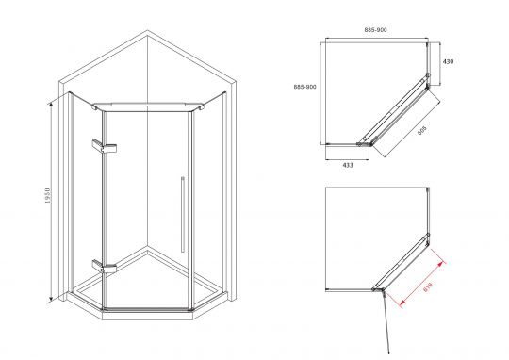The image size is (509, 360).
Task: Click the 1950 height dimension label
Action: [48, 195]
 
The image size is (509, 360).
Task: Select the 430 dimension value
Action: [448, 61]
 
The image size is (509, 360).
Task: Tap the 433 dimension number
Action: [348, 165]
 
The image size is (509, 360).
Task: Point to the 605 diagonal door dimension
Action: [421, 130]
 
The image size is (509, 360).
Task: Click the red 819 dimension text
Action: [428, 286]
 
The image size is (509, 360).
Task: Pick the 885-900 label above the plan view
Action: [375, 30]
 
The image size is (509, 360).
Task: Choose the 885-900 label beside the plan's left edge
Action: [304, 87]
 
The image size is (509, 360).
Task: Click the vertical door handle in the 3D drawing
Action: [183, 214]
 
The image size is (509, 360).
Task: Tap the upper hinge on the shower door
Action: [105, 146]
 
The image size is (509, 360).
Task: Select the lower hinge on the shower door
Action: [105, 266]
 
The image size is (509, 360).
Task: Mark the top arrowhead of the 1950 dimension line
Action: [50, 105]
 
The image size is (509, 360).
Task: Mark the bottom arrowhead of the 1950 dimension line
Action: [51, 300]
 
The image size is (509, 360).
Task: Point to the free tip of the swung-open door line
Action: [389, 352]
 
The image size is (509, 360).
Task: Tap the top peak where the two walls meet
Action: [147, 30]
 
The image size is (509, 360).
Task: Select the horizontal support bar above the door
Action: [148, 106]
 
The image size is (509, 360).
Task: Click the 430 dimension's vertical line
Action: [440, 64]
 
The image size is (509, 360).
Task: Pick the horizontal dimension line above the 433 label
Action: [347, 159]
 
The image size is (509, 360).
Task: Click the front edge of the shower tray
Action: [148, 311]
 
